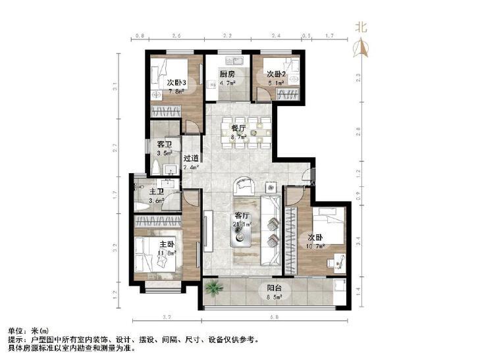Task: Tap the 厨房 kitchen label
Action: pyautogui.click(x=227, y=74)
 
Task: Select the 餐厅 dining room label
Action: pyautogui.click(x=238, y=129)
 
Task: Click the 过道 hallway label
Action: pyautogui.click(x=191, y=158)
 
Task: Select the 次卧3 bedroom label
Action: pyautogui.click(x=176, y=83)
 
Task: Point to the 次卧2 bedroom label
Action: pyautogui.click(x=276, y=74)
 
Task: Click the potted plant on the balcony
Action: pyautogui.click(x=214, y=288)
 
